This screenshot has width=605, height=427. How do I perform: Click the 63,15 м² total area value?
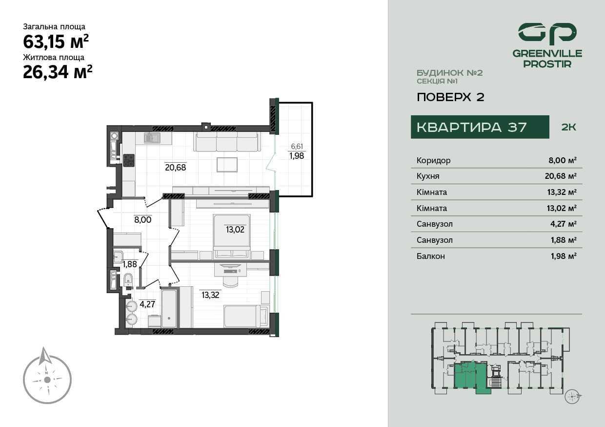(x=56, y=41)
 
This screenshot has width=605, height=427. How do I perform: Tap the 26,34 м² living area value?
(x=58, y=72)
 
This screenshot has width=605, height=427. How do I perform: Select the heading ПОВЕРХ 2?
(x=450, y=97)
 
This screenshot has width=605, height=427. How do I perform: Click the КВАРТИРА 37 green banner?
(x=480, y=127)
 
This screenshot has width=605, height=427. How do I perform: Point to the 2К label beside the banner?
(x=569, y=128)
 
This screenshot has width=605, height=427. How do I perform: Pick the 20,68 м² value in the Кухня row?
(x=561, y=176)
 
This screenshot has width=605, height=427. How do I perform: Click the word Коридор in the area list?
(x=433, y=160)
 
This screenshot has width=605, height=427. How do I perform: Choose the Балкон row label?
(x=430, y=256)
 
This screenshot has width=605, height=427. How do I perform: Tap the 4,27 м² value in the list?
(x=564, y=224)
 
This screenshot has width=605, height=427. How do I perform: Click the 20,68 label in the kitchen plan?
(x=175, y=168)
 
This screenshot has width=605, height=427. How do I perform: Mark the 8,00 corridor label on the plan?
(x=143, y=219)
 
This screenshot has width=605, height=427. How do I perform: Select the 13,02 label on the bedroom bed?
(x=235, y=230)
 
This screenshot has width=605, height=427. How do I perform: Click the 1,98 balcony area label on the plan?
(x=297, y=156)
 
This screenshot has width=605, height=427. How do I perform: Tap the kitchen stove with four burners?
(x=129, y=160)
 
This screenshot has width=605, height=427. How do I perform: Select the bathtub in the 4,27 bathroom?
(x=169, y=308)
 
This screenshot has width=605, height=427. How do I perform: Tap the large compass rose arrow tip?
(x=44, y=348)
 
